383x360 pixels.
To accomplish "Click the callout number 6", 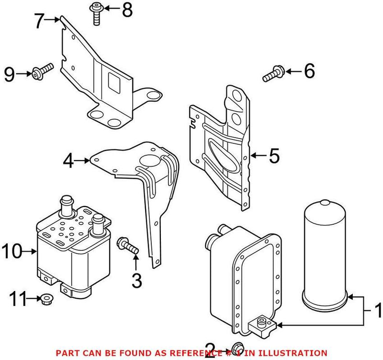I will (x=309, y=72).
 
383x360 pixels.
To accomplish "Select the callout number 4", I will (x=69, y=161).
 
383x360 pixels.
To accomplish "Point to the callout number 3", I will (x=136, y=280).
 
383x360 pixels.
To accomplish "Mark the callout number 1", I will (x=377, y=311).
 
